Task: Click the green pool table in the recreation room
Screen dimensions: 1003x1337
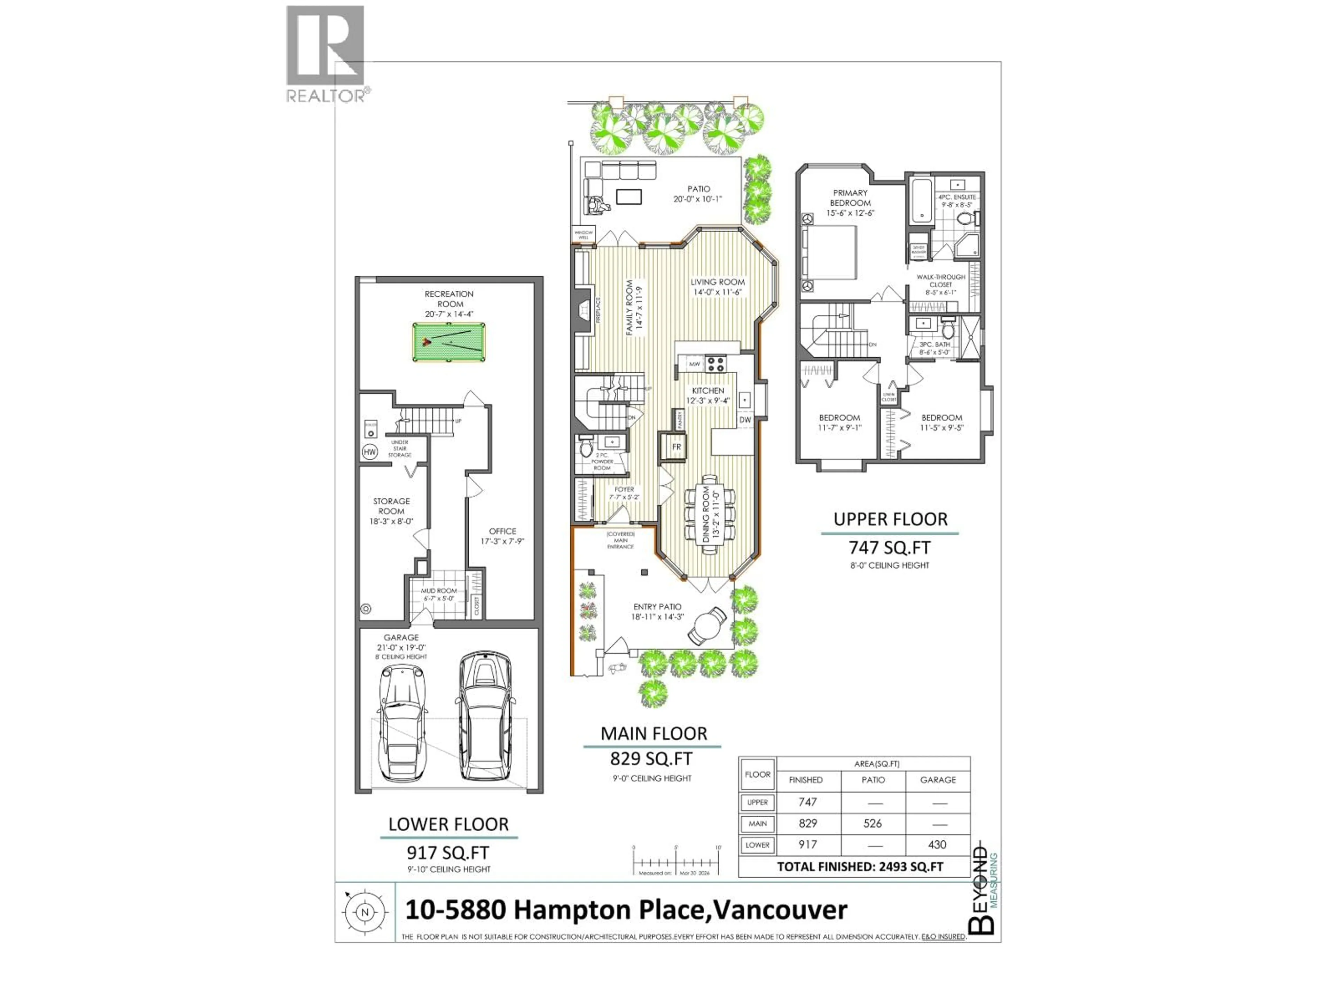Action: (448, 342)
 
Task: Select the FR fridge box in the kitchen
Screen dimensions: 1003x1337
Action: (677, 447)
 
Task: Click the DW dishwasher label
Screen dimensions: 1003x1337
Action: (745, 420)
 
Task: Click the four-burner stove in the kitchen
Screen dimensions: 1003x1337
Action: (716, 363)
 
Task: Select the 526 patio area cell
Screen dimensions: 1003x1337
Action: (872, 823)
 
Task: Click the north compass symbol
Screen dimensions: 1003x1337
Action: (365, 912)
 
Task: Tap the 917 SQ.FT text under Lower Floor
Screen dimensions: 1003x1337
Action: (448, 853)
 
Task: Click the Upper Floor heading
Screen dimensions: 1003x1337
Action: (890, 519)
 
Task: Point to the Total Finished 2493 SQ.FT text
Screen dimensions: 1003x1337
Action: (860, 866)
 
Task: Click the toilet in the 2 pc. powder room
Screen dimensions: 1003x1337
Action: (585, 448)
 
